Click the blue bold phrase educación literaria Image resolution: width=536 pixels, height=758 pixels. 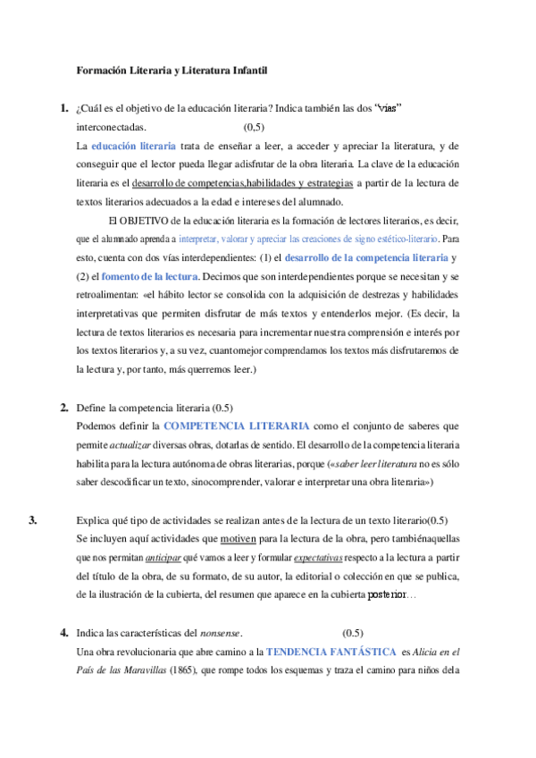(133, 146)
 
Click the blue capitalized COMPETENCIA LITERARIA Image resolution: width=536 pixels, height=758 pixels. (238, 426)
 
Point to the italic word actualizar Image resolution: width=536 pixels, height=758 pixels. (136, 445)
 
